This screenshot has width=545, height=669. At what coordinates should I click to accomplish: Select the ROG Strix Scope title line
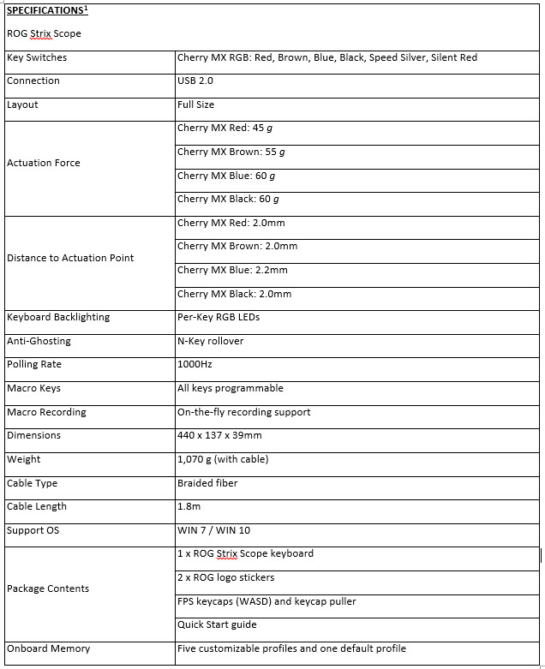click(x=44, y=34)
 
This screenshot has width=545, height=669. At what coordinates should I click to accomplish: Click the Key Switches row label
click(x=37, y=57)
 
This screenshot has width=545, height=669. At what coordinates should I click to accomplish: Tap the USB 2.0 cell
click(x=195, y=81)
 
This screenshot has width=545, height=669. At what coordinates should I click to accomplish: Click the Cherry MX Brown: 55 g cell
click(x=231, y=152)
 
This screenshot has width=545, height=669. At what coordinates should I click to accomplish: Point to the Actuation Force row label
click(x=44, y=163)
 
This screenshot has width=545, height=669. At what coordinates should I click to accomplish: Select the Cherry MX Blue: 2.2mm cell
click(x=232, y=270)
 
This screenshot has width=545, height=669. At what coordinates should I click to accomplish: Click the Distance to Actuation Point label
click(x=70, y=258)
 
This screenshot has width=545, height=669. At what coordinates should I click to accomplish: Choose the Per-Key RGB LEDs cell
click(x=219, y=317)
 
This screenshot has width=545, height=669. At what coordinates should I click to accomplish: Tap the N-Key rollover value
click(x=211, y=341)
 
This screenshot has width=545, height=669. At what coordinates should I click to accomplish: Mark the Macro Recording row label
click(x=46, y=412)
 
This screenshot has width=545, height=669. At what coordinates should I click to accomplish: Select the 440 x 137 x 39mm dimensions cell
click(x=219, y=435)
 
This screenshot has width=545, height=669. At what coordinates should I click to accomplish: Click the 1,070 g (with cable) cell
click(x=223, y=459)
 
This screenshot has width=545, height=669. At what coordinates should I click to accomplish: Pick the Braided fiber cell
click(x=207, y=483)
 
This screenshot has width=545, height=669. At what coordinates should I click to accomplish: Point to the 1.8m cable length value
click(x=189, y=506)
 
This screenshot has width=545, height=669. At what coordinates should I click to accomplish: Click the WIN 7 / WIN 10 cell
click(x=213, y=530)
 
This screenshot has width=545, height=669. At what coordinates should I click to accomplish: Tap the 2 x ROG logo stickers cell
click(x=226, y=577)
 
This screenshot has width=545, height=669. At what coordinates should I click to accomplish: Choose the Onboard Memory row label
click(x=48, y=648)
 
